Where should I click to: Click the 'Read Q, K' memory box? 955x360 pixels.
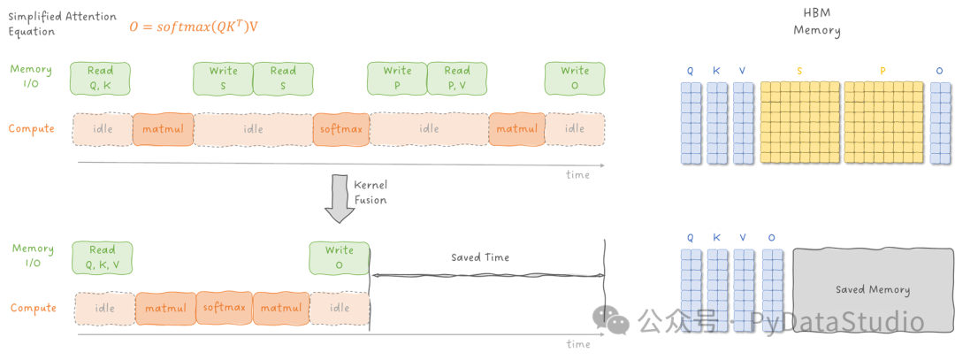pyautogui.click(x=101, y=79)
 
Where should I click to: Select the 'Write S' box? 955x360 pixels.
pyautogui.click(x=223, y=79)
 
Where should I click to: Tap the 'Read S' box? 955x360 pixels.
pyautogui.click(x=283, y=79)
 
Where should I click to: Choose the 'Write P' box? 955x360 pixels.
pyautogui.click(x=397, y=79)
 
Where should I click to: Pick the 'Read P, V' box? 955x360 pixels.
pyautogui.click(x=457, y=79)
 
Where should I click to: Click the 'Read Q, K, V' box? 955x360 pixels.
pyautogui.click(x=103, y=257)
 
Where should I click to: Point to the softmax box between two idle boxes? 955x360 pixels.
pyautogui.click(x=341, y=129)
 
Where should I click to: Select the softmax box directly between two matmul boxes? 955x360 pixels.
pyautogui.click(x=224, y=308)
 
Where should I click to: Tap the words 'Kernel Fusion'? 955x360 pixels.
pyautogui.click(x=371, y=192)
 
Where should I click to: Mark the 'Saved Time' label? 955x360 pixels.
pyautogui.click(x=480, y=257)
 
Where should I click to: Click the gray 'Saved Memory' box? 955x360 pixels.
pyautogui.click(x=873, y=290)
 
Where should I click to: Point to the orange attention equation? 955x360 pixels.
pyautogui.click(x=194, y=27)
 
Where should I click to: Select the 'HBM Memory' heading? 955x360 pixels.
pyautogui.click(x=817, y=22)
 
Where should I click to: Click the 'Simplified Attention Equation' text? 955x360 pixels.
pyautogui.click(x=62, y=23)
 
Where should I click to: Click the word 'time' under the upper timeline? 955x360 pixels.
pyautogui.click(x=577, y=175)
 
